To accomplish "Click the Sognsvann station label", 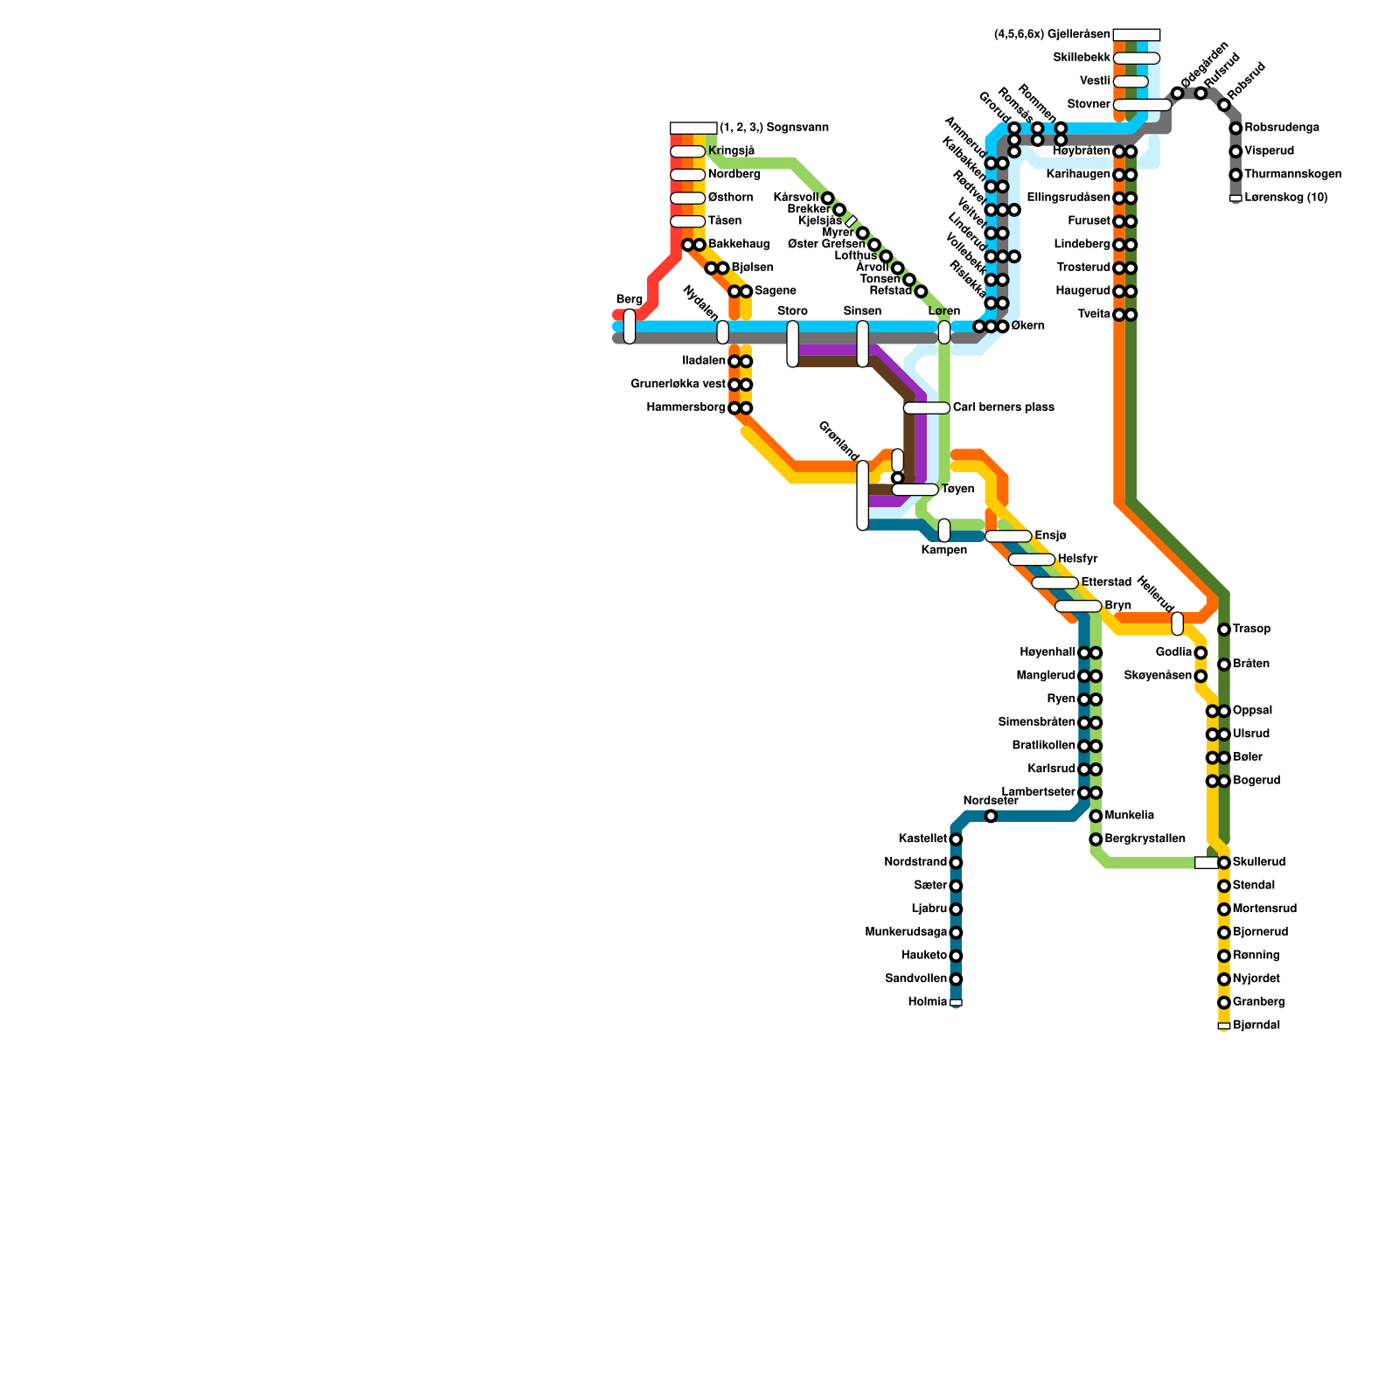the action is point(774,128).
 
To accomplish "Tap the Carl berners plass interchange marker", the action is point(926,407).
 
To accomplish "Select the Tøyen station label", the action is point(957,490).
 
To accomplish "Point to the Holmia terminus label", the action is point(928,1002).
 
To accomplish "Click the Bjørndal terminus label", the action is point(1256,1026).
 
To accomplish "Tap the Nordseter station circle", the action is point(991,817).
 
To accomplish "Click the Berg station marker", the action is point(630,326).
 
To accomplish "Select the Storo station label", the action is point(792,311).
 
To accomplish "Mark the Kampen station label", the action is point(944,550).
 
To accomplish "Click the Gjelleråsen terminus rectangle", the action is point(1137,35).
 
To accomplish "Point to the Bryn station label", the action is point(1117,605).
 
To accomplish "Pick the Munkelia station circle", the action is point(1096,816).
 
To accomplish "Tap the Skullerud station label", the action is point(1259,862).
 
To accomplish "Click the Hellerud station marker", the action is point(1177,623).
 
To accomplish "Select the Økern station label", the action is point(1027,326).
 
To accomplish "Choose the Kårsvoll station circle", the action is point(827,198).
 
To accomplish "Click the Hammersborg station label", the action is point(686,407).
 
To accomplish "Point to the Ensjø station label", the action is point(1050,535).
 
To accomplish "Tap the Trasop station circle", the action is point(1224,630).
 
